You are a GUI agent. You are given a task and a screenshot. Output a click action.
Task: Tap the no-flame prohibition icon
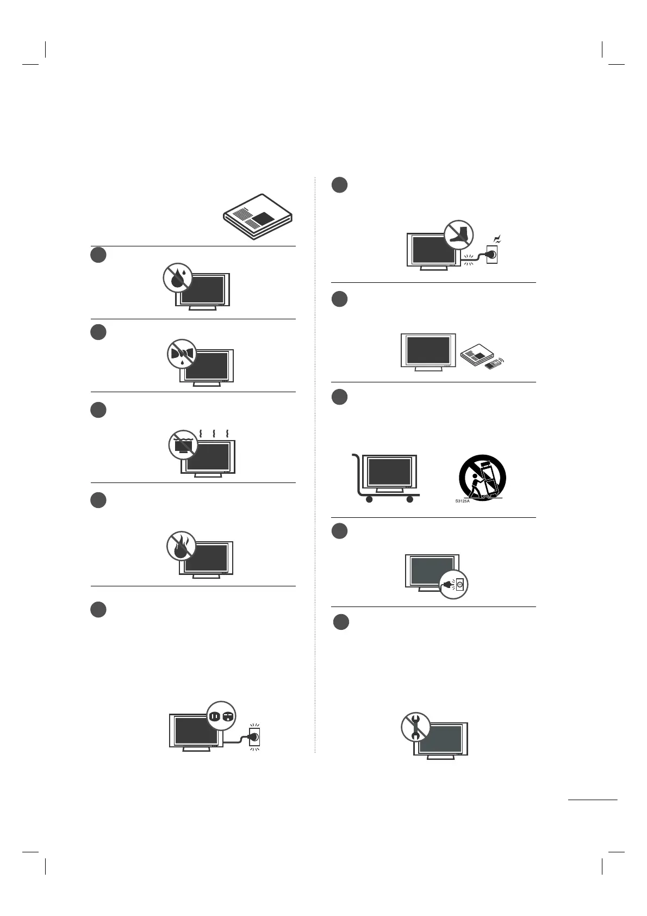(x=182, y=546)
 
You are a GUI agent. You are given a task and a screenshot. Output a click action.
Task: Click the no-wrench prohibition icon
(x=416, y=727)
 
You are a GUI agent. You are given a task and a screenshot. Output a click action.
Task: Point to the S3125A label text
(x=462, y=500)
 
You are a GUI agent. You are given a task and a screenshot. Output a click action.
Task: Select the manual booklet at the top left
(x=258, y=216)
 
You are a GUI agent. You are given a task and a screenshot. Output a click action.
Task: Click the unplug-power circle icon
(x=454, y=585)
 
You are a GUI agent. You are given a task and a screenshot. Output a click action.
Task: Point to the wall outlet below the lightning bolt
(x=491, y=254)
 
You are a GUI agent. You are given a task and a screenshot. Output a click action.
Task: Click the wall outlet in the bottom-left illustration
(x=254, y=738)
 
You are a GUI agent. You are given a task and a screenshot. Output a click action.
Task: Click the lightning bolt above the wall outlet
(x=496, y=239)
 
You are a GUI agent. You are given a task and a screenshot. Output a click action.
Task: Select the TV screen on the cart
(x=389, y=471)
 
